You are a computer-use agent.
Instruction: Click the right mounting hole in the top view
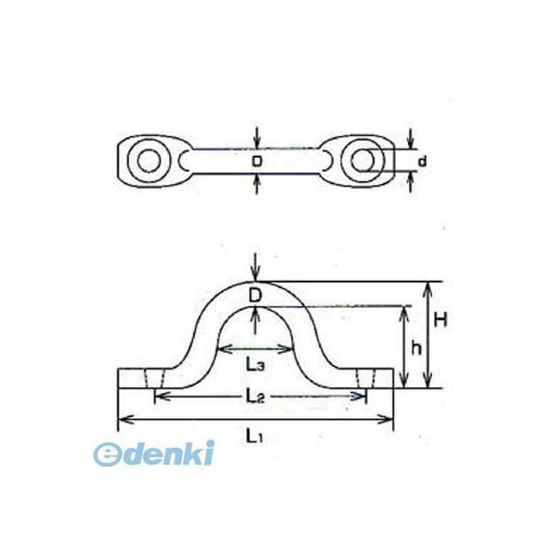click(361, 160)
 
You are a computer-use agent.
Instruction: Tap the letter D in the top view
click(258, 161)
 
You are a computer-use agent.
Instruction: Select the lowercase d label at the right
click(423, 161)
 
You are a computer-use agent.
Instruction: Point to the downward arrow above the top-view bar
click(258, 138)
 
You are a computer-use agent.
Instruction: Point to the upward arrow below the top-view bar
click(258, 183)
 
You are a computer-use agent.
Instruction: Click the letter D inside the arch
click(257, 296)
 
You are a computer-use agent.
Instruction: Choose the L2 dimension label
click(255, 398)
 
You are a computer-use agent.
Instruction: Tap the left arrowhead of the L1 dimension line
click(121, 418)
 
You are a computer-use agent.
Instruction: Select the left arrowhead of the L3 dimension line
click(220, 350)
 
